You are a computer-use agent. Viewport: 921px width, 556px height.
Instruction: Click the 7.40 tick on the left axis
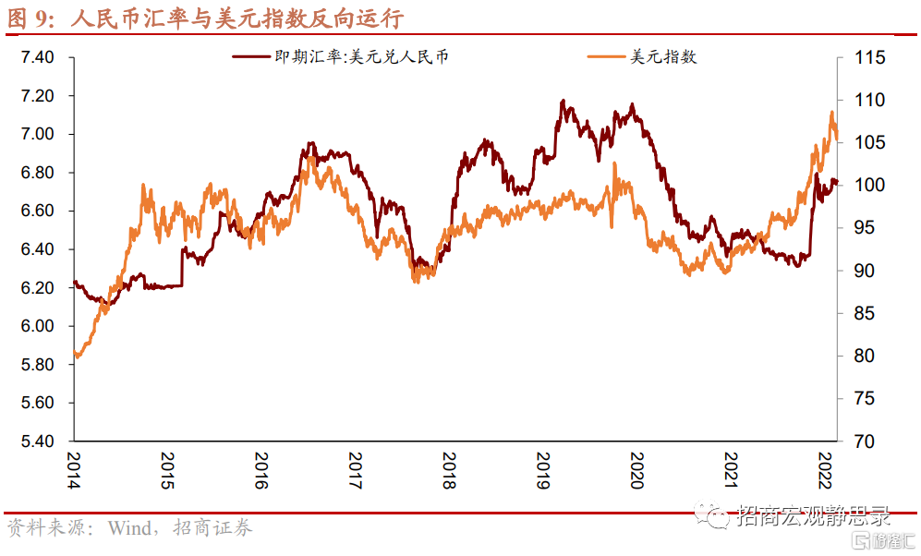tap(37, 57)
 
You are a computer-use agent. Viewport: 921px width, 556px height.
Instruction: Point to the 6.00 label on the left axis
tap(37, 326)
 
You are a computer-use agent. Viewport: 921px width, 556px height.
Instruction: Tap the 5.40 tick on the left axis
tap(37, 441)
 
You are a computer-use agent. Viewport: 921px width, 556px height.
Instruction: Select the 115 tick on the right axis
tap(869, 57)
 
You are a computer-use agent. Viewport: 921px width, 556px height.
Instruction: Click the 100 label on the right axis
tap(869, 185)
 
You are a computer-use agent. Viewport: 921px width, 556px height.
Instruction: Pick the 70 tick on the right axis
tap(864, 441)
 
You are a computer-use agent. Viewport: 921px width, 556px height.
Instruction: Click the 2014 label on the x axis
tap(74, 470)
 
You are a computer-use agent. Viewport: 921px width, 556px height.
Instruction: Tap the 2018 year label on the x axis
tap(449, 470)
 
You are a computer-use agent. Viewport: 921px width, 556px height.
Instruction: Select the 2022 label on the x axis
tap(825, 470)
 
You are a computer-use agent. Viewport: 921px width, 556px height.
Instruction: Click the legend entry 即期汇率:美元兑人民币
tap(341, 57)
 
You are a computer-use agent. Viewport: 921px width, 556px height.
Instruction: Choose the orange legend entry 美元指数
tap(642, 57)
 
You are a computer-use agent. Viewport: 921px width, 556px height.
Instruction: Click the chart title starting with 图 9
tap(206, 18)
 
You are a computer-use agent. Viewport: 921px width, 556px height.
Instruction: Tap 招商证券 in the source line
tap(212, 527)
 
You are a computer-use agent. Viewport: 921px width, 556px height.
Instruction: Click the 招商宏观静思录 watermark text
tap(814, 516)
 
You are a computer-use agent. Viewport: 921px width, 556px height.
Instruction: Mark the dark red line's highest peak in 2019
tap(563, 101)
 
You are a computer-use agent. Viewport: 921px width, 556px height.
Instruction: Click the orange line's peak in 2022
tap(831, 112)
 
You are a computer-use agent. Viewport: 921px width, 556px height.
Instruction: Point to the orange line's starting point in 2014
tap(75, 352)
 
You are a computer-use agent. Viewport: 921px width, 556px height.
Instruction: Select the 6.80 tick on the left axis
tap(37, 173)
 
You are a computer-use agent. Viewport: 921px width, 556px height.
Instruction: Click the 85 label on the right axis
tap(864, 313)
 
